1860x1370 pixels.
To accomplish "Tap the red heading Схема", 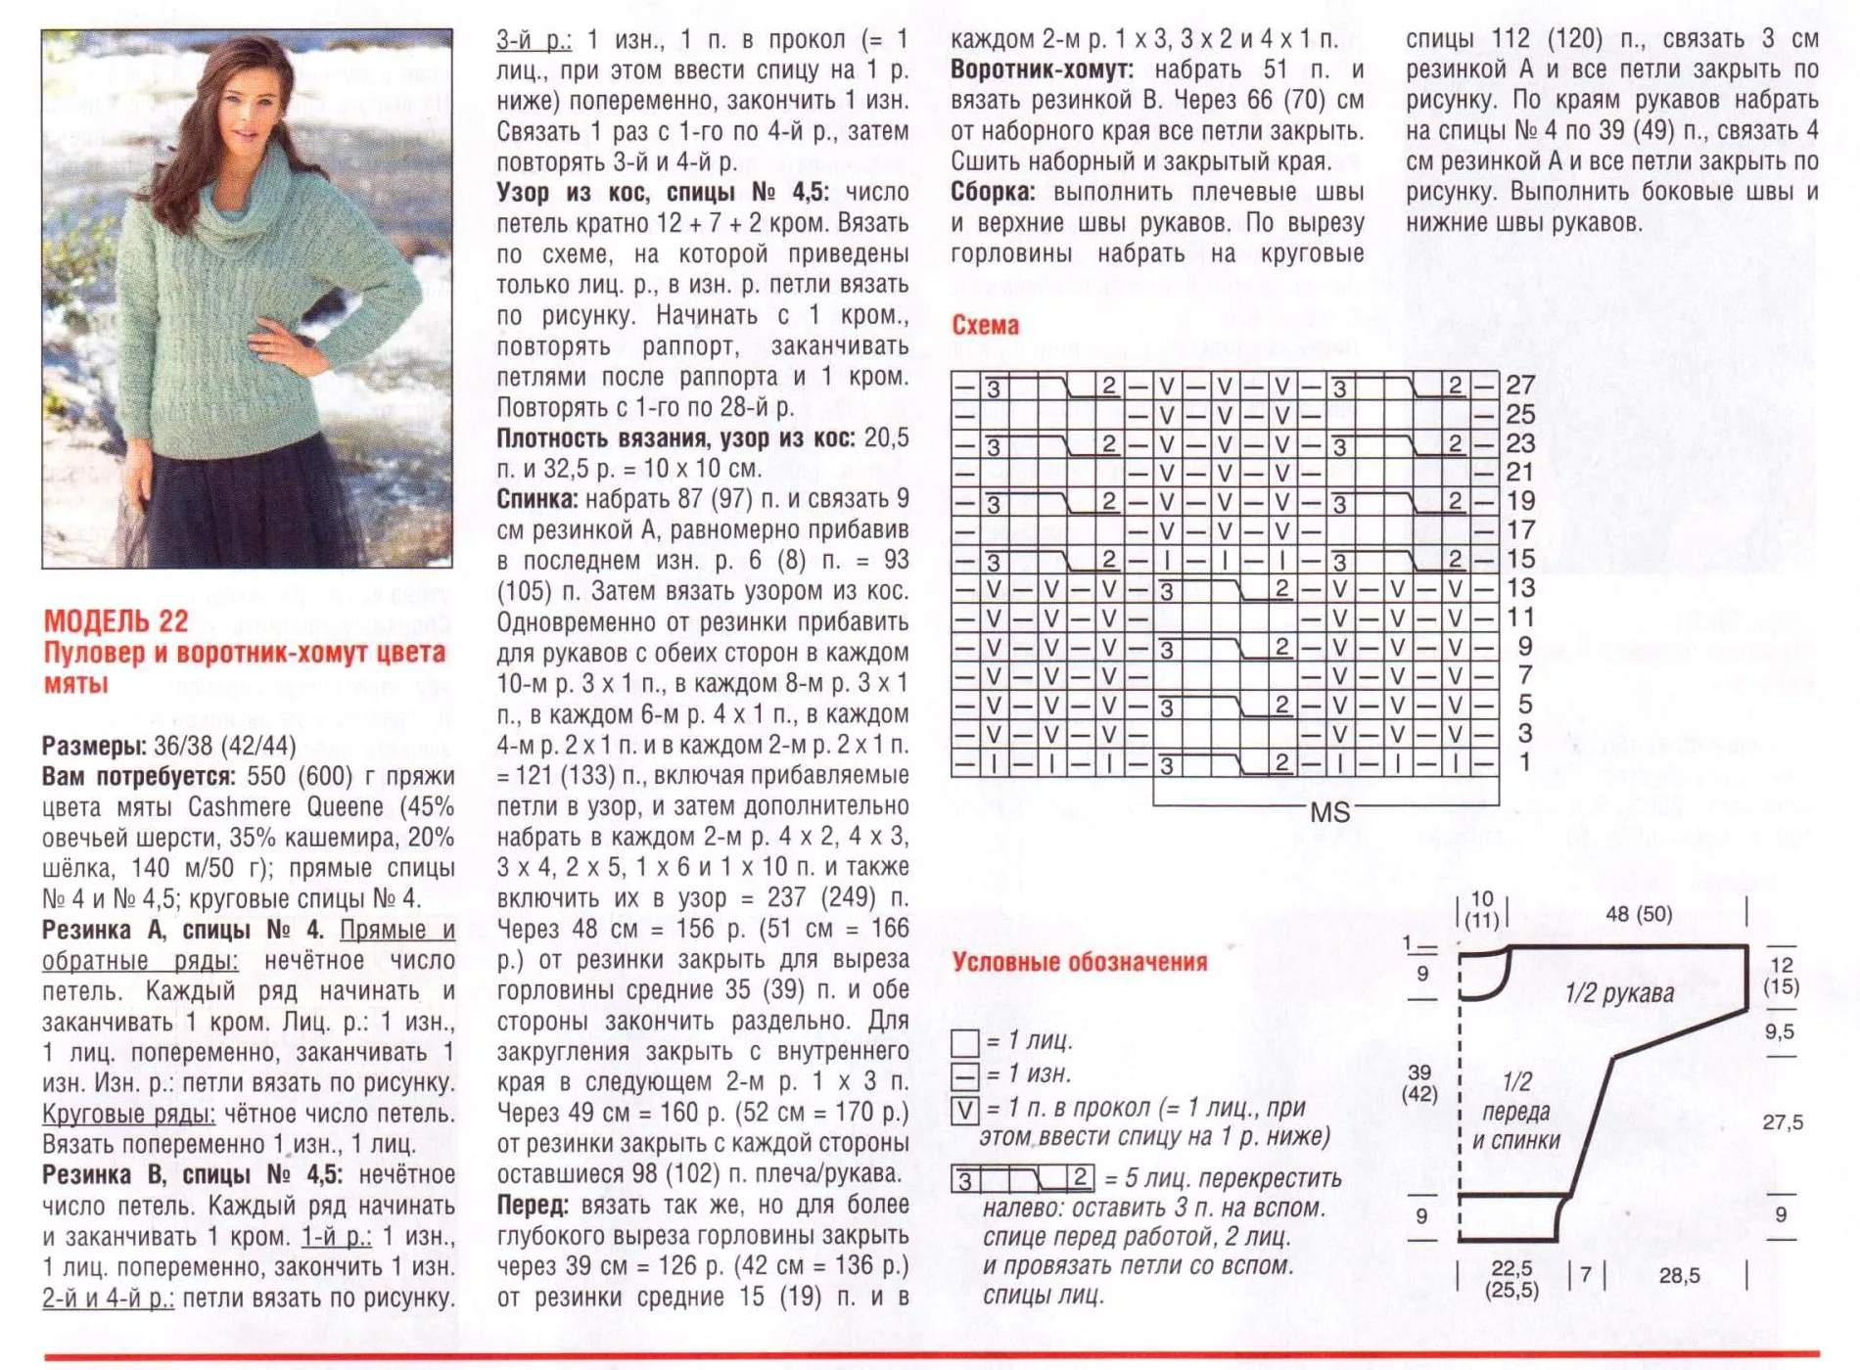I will pyautogui.click(x=985, y=325).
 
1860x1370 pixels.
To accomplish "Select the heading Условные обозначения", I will pyautogui.click(x=1080, y=962).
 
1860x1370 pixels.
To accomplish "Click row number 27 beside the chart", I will pyautogui.click(x=1520, y=385).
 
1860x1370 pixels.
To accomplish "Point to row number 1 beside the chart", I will pyautogui.click(x=1524, y=762).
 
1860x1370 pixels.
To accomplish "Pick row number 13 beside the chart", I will pyautogui.click(x=1520, y=588).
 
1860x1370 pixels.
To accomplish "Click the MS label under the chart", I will pyautogui.click(x=1329, y=812).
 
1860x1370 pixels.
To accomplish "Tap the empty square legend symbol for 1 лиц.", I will pyautogui.click(x=965, y=1041).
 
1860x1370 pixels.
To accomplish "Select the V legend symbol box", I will pyautogui.click(x=965, y=1110).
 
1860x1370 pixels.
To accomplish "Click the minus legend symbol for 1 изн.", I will pyautogui.click(x=965, y=1075).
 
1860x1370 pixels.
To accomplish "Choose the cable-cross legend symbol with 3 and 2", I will pyautogui.click(x=1023, y=1178).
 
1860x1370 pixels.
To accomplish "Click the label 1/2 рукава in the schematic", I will pyautogui.click(x=1619, y=993).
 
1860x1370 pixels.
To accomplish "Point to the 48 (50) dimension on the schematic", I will pyautogui.click(x=1639, y=914).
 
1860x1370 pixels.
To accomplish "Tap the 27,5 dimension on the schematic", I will pyautogui.click(x=1782, y=1122).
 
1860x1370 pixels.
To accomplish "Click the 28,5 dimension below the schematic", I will pyautogui.click(x=1679, y=1275).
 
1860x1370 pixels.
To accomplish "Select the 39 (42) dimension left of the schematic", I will pyautogui.click(x=1419, y=1082).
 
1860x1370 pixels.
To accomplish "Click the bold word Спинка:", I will pyautogui.click(x=537, y=499).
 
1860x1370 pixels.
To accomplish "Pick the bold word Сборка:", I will pyautogui.click(x=992, y=192).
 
